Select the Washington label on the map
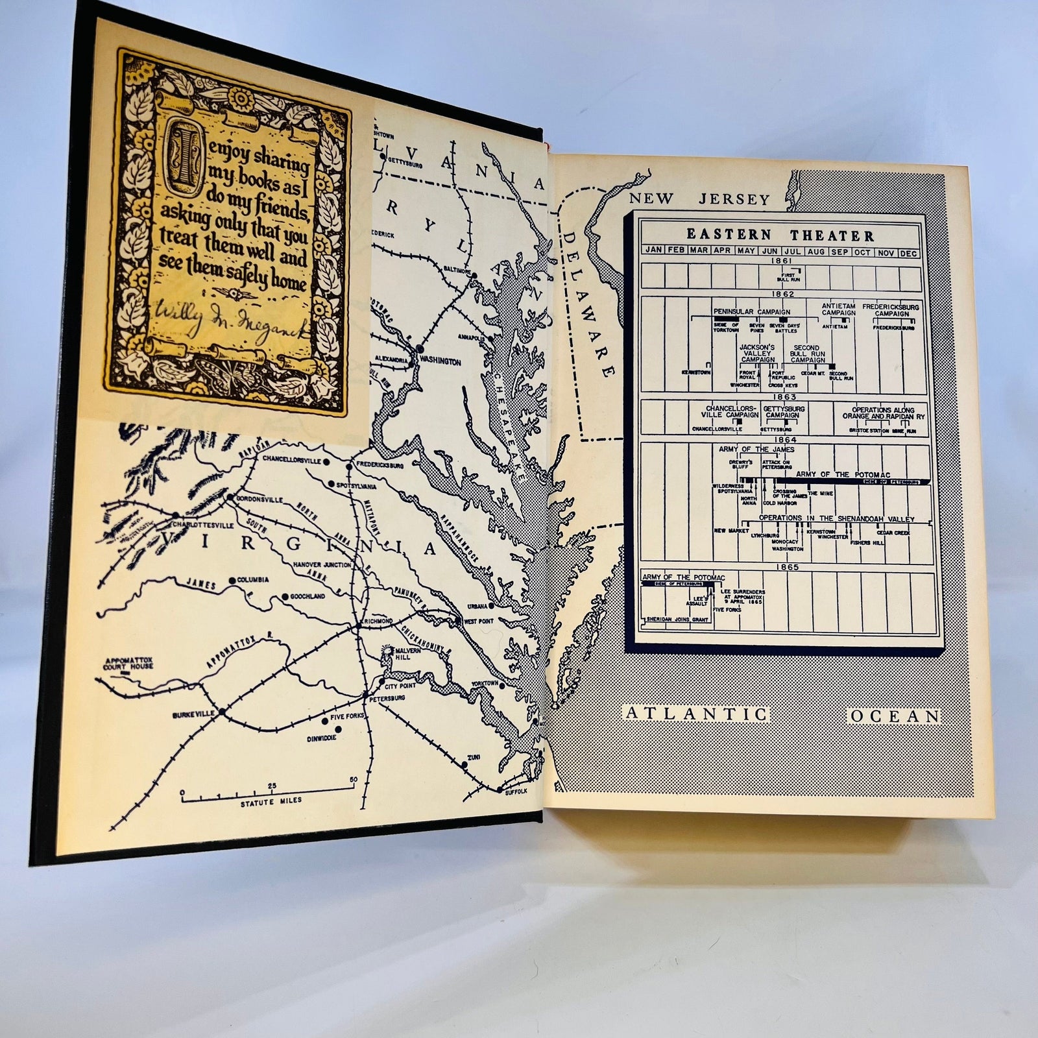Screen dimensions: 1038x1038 click(441, 361)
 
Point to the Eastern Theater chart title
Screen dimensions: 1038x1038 click(780, 235)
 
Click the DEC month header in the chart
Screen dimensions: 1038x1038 click(908, 253)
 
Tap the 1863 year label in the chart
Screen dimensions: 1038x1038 click(784, 396)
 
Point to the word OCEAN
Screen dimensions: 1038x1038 click(895, 716)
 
